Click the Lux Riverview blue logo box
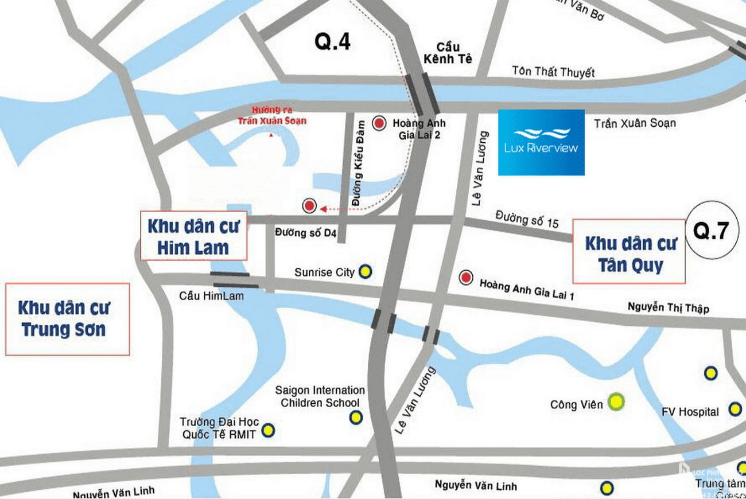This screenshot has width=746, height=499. tap(541, 142)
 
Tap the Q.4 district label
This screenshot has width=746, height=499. tap(332, 42)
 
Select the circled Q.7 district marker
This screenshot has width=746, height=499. tap(711, 230)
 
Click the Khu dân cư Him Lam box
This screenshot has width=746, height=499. tap(193, 236)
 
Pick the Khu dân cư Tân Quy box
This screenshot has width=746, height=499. tap(629, 252)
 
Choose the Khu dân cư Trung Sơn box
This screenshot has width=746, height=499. tap(68, 319)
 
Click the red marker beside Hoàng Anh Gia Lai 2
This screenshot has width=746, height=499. tap(379, 123)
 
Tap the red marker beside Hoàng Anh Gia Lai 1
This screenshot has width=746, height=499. tap(466, 278)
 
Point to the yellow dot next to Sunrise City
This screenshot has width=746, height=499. tap(365, 272)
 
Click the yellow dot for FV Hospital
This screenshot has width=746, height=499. tap(735, 409)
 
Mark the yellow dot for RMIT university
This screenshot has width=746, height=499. tap(268, 429)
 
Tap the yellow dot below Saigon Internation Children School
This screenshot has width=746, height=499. tap(356, 417)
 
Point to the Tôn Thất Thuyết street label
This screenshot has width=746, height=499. tap(553, 72)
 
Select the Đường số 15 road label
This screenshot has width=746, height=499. tap(527, 219)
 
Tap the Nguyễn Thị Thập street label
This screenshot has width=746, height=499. tap(668, 308)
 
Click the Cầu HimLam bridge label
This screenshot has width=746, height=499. tap(211, 296)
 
